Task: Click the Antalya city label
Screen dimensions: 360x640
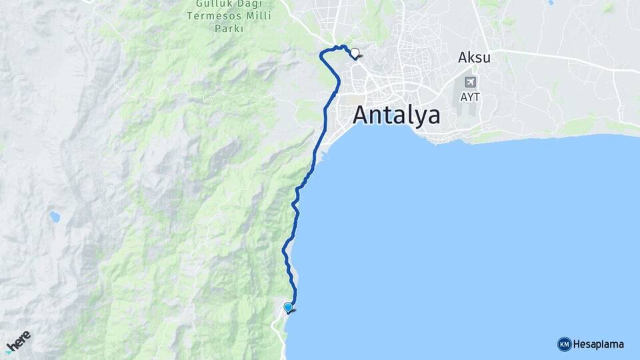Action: pos(396,115)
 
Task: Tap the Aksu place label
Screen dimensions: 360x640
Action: pos(474,58)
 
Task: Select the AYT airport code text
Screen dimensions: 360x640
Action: pos(469,97)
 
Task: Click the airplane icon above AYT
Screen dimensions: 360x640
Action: pos(471,82)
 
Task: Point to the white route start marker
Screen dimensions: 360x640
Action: pos(355,53)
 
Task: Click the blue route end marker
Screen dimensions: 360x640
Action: pos(288,307)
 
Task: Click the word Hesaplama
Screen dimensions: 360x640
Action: pos(599,344)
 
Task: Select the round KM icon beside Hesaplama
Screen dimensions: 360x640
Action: pos(564,344)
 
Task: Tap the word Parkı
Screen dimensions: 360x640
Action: pos(229,29)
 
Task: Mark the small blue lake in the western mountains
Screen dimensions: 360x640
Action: pos(54,217)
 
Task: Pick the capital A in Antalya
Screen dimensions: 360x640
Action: pos(361,115)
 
